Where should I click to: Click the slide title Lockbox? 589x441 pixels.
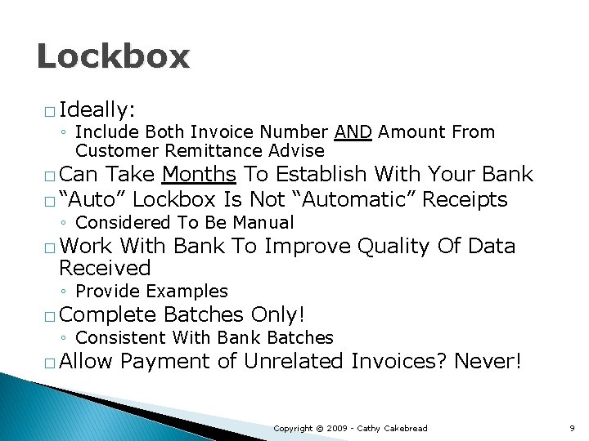113,56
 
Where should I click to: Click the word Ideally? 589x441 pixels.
97,109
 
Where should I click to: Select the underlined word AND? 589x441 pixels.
353,132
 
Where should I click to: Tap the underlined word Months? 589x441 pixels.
200,175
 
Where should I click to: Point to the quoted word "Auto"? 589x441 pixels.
92,199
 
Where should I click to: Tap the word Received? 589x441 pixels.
105,268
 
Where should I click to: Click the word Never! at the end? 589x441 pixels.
487,361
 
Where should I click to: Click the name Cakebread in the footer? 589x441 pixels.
405,428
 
